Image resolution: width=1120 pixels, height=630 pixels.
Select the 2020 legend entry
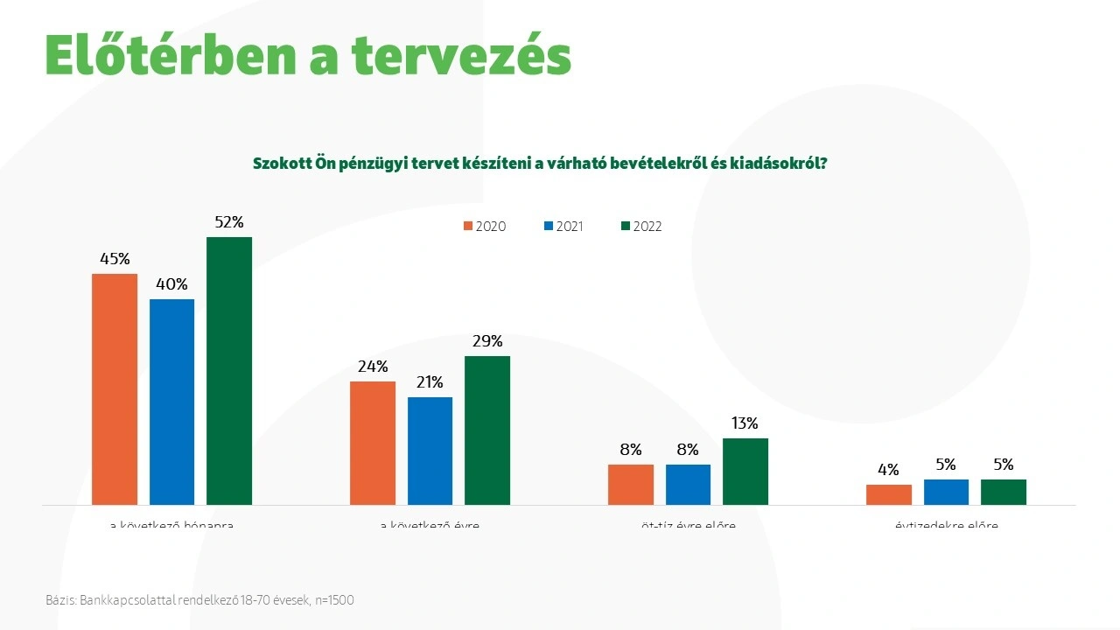pyautogui.click(x=484, y=227)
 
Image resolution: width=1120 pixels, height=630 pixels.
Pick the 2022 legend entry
pyautogui.click(x=640, y=227)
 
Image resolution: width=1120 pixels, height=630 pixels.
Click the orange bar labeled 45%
pyautogui.click(x=115, y=389)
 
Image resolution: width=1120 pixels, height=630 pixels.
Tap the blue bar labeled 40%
pyautogui.click(x=171, y=402)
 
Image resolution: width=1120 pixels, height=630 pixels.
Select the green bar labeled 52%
pyautogui.click(x=229, y=371)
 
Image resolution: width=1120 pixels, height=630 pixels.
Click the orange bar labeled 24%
pyautogui.click(x=373, y=443)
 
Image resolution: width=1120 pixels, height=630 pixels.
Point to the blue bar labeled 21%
pyautogui.click(x=430, y=451)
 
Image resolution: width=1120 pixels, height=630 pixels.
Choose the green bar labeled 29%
pyautogui.click(x=487, y=430)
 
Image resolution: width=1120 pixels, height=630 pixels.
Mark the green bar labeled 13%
pyautogui.click(x=745, y=472)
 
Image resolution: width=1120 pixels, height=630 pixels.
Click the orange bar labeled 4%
pyautogui.click(x=889, y=494)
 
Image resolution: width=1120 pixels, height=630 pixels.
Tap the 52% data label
pyautogui.click(x=229, y=222)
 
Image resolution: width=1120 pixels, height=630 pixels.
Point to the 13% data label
pyautogui.click(x=745, y=423)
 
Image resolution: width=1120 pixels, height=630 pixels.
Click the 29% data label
pyautogui.click(x=487, y=341)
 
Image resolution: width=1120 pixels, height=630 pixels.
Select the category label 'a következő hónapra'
pyautogui.click(x=171, y=526)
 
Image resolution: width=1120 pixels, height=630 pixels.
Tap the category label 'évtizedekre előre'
pyautogui.click(x=946, y=526)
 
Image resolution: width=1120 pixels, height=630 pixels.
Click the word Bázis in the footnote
pyautogui.click(x=60, y=600)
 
